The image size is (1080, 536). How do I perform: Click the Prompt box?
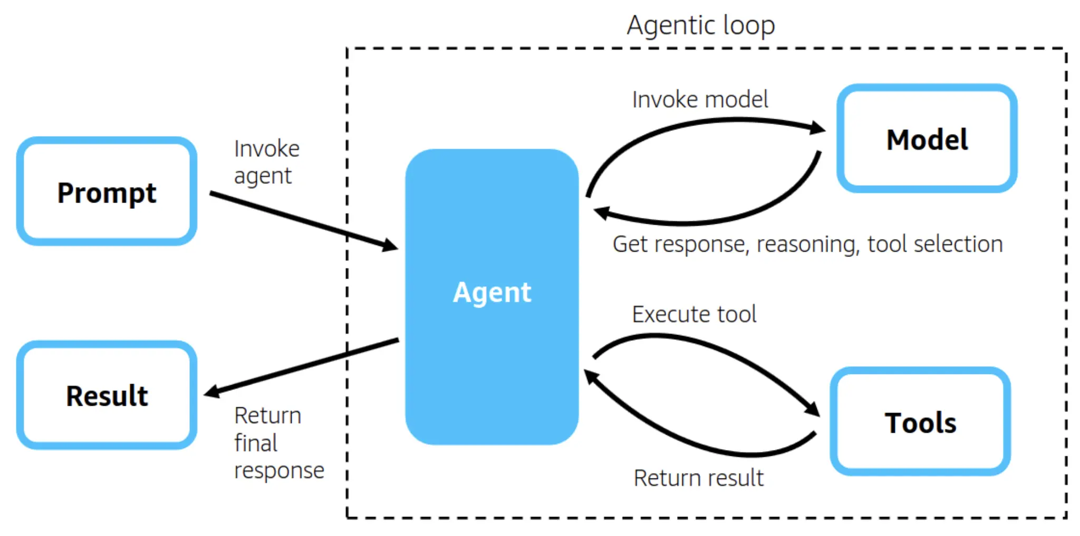pyautogui.click(x=107, y=192)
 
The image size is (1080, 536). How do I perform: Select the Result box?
pyautogui.click(x=107, y=396)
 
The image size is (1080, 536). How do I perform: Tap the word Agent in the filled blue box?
pyautogui.click(x=491, y=292)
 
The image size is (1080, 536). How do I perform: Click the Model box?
pyautogui.click(x=927, y=139)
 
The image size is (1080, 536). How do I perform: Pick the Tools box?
pyautogui.click(x=920, y=422)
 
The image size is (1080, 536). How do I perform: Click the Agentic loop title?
pyautogui.click(x=700, y=25)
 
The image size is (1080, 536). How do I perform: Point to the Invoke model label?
pyautogui.click(x=700, y=100)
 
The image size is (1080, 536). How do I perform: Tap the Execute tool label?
pyautogui.click(x=694, y=314)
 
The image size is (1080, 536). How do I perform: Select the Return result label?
pyautogui.click(x=698, y=478)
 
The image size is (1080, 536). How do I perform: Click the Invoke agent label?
pyautogui.click(x=266, y=162)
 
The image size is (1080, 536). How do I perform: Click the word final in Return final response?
pyautogui.click(x=256, y=443)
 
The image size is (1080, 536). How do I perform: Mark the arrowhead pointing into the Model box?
pyautogui.click(x=817, y=128)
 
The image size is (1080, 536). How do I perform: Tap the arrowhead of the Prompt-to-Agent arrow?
pyautogui.click(x=390, y=245)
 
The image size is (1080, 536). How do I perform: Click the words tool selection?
pyautogui.click(x=934, y=245)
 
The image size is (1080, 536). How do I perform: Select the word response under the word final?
pyautogui.click(x=279, y=471)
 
